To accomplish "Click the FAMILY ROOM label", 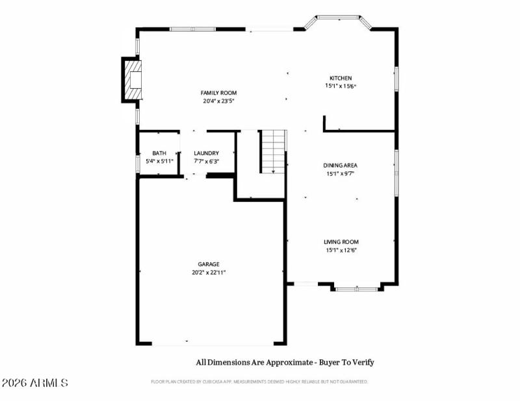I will coord(218,93).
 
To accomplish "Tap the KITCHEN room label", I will coord(341,78).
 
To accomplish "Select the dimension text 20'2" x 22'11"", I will coord(209,273).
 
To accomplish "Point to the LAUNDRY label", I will coord(206,153).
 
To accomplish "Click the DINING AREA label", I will coord(341,165).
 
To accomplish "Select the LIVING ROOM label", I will coord(341,242).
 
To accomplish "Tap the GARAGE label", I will coord(209,264).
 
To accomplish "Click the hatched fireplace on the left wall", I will coord(133,80).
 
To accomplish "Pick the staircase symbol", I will coord(274,151).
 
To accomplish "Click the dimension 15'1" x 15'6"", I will coord(341,86).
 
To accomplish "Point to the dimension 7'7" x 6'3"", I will coord(206,161).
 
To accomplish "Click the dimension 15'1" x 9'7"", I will coord(341,173).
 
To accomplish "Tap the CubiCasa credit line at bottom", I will coord(259,382).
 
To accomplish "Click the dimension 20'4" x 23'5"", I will coord(218,101).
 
